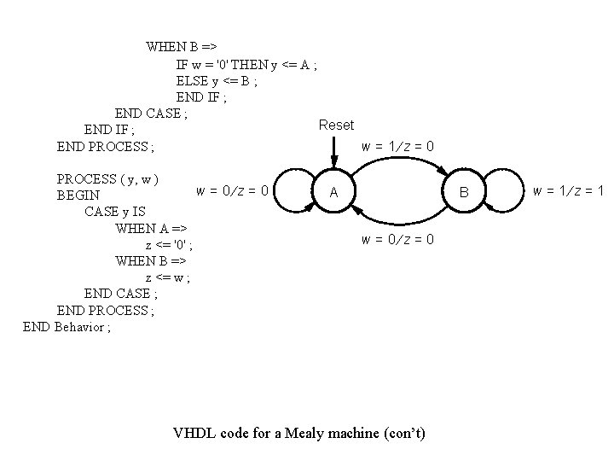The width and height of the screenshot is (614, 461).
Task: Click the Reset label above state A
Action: (x=336, y=125)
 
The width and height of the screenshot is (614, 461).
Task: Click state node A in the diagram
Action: (x=334, y=193)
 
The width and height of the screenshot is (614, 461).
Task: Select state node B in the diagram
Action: (x=464, y=193)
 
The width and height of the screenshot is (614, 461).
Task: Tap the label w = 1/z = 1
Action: (x=568, y=190)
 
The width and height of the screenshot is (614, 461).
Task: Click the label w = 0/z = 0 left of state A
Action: (x=233, y=190)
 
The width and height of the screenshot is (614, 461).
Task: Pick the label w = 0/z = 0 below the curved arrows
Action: (x=398, y=240)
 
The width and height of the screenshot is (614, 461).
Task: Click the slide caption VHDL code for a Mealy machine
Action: (x=298, y=433)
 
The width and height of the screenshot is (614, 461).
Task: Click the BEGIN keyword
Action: (x=78, y=195)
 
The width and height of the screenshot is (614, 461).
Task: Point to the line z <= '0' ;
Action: (x=175, y=245)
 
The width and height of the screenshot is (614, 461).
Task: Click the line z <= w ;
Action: (x=168, y=277)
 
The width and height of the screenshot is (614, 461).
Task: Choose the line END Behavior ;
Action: (x=67, y=327)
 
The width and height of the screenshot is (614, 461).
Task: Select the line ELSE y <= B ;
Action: (x=217, y=81)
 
